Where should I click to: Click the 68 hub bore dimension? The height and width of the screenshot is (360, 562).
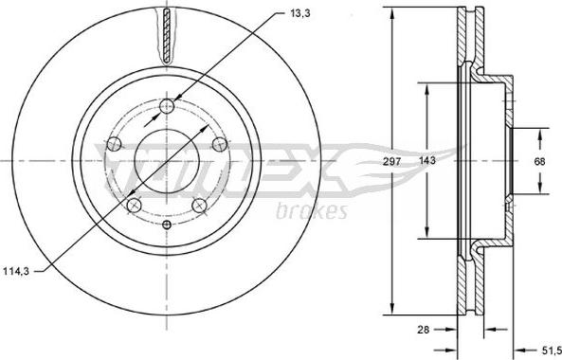point(540,161)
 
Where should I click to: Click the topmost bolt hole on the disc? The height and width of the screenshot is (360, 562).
point(168,105)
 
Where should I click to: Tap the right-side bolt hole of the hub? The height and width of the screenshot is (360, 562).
point(220,143)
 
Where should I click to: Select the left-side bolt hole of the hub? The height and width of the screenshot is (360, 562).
point(114,144)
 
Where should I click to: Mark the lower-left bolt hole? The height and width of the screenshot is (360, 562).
point(134,205)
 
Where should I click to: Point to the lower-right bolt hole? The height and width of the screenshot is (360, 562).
point(199,206)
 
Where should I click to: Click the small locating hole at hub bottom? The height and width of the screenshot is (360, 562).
point(167,225)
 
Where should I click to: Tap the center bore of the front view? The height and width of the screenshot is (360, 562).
point(167,161)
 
